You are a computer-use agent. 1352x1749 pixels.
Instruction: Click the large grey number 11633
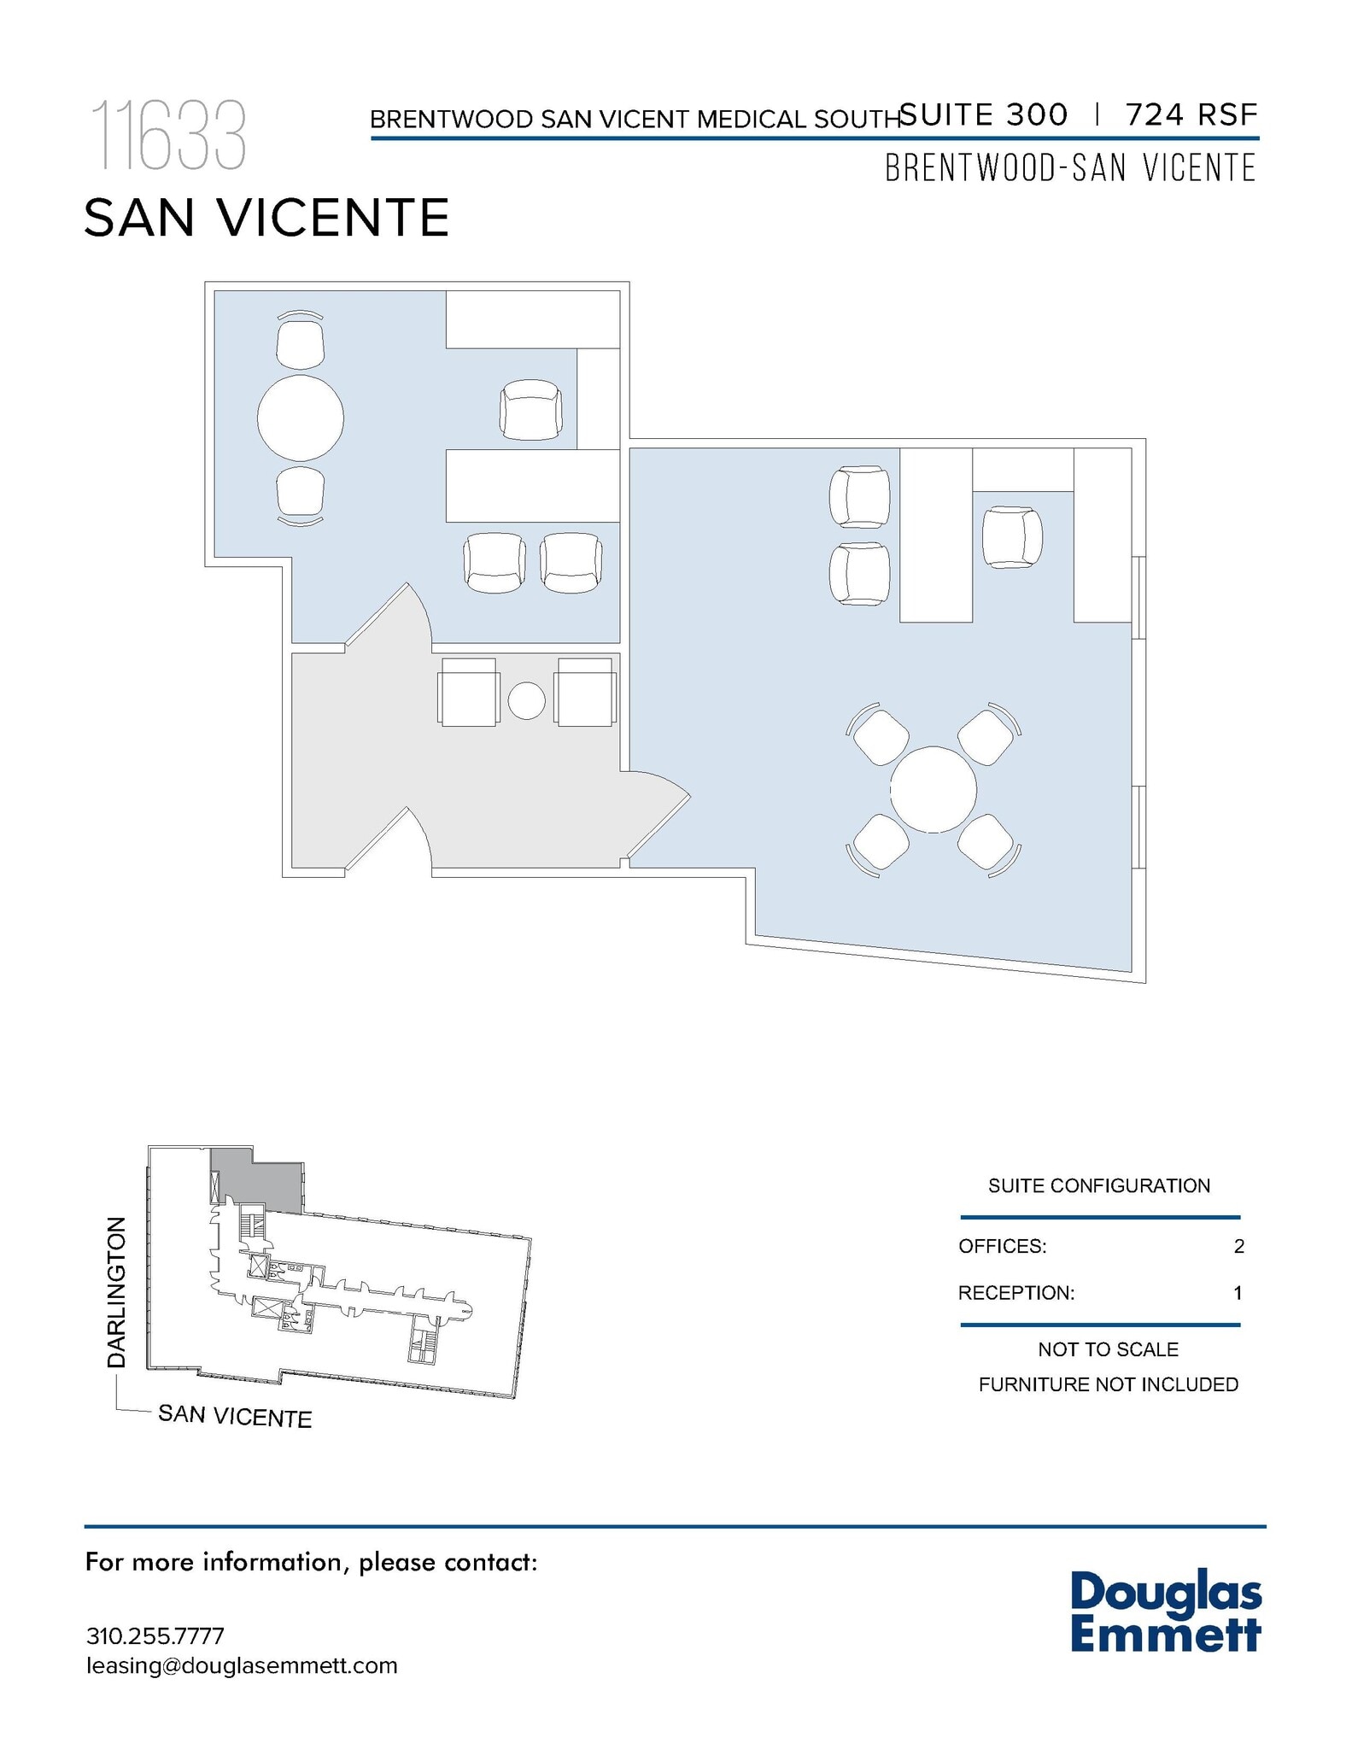[x=168, y=136]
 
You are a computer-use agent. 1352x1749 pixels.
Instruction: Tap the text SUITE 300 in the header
[x=984, y=114]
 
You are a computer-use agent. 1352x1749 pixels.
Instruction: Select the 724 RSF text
[x=1191, y=114]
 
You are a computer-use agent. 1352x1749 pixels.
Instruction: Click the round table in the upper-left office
[x=301, y=418]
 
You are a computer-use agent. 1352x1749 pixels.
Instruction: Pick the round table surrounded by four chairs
[x=933, y=789]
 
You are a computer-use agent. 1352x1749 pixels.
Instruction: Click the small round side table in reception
[x=526, y=701]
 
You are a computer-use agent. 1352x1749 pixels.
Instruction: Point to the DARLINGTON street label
[x=116, y=1292]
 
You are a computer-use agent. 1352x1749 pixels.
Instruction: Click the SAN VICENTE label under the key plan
[x=235, y=1416]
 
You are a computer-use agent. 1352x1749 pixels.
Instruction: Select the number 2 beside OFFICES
[x=1238, y=1246]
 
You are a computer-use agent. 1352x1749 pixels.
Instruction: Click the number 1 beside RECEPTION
[x=1238, y=1293]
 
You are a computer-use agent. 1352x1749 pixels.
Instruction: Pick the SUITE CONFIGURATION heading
[x=1098, y=1185]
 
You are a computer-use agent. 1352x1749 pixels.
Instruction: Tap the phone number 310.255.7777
[x=155, y=1636]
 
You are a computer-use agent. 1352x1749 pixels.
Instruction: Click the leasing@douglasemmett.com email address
[x=242, y=1665]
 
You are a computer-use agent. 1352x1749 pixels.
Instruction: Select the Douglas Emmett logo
[x=1165, y=1612]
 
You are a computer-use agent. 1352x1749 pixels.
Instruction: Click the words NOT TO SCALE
[x=1108, y=1349]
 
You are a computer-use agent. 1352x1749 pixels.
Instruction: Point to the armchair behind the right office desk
[x=1011, y=537]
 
